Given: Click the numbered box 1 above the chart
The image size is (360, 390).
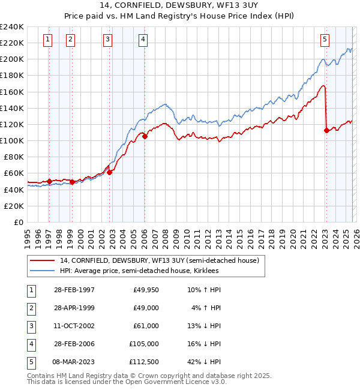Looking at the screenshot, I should click(x=48, y=40).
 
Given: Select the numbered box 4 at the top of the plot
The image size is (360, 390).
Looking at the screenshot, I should click(x=143, y=40).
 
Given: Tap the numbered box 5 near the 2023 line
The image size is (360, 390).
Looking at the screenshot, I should click(x=325, y=40).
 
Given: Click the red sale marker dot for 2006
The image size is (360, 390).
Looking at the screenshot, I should click(x=145, y=136).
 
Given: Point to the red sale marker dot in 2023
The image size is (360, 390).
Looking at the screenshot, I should click(x=326, y=130).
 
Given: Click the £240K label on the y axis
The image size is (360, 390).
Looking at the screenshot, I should click(x=12, y=27).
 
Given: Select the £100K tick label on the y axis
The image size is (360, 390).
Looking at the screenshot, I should click(x=12, y=140).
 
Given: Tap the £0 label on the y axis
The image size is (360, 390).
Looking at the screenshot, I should click(x=18, y=222).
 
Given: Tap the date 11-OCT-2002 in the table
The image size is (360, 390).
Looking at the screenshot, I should click(x=74, y=326).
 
